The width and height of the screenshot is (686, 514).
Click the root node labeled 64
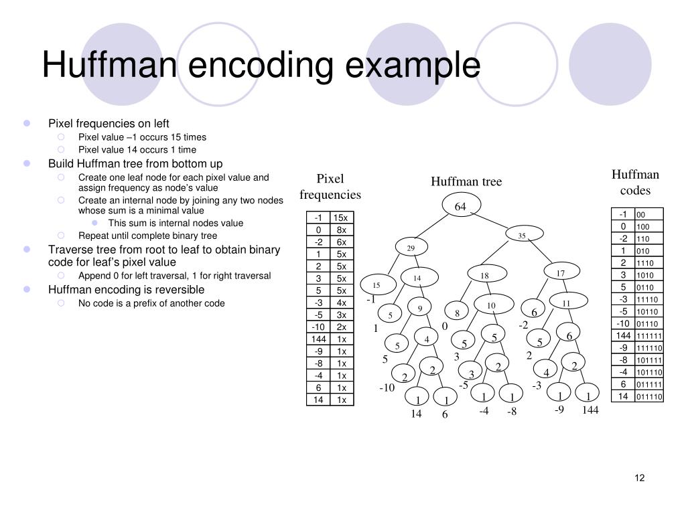[x=460, y=206]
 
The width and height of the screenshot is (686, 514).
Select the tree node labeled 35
[x=522, y=236]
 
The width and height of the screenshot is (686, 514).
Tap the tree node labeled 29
[x=411, y=248]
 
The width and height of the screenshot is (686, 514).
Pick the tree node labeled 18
[x=484, y=276]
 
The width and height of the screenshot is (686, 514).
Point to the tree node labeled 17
[x=561, y=273]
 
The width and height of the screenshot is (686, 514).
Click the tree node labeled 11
[x=566, y=303]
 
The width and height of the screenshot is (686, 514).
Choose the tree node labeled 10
[x=491, y=306]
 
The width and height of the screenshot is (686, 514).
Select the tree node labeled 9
[x=420, y=308]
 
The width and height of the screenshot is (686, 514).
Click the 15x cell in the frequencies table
[x=341, y=218]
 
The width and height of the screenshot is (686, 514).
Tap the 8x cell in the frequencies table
[x=341, y=230]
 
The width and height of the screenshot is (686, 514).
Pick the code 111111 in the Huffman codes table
[x=649, y=336]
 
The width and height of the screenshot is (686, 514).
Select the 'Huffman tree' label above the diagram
[x=466, y=182]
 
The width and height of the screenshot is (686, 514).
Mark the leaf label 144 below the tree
[x=590, y=410]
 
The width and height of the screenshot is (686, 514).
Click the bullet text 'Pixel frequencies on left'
[x=109, y=123]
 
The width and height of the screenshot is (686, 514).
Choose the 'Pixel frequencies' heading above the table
[x=330, y=187]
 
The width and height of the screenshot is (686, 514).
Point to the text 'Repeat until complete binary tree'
[x=147, y=236]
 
